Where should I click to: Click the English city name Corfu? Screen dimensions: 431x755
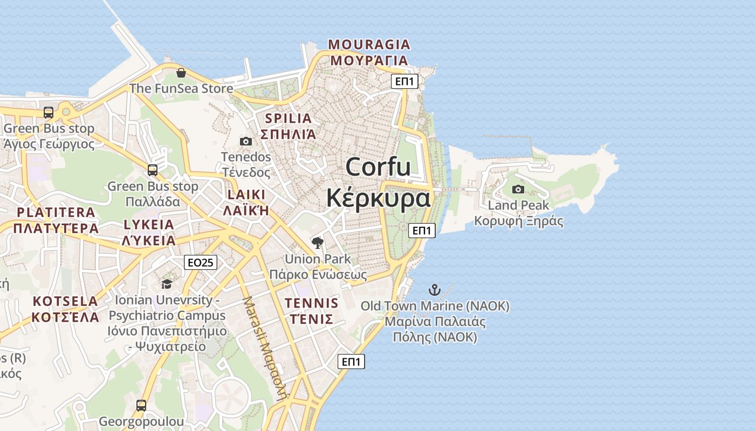coord(378,166)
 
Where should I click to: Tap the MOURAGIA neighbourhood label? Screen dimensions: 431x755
coord(369,44)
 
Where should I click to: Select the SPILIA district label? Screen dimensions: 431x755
coord(289,119)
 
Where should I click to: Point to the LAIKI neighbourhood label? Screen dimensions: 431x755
coord(246,194)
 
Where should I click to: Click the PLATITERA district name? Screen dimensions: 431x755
coord(56,212)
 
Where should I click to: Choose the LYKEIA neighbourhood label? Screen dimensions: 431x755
coord(149,225)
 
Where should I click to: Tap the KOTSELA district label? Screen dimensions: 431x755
coord(65,301)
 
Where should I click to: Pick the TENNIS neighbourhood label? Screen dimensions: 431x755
coord(311,303)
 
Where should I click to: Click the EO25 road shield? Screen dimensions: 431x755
coord(200,262)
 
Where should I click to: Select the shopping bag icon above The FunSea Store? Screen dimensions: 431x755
coord(181,73)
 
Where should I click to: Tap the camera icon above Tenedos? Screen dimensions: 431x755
coord(246,141)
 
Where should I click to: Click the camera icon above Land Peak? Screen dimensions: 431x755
coord(518,189)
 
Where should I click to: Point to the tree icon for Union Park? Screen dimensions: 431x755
coord(318,242)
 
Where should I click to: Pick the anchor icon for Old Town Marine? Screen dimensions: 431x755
coord(435,290)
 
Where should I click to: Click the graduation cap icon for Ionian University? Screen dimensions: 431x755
coord(167,283)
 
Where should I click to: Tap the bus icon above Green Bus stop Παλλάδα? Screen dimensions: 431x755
coord(153,170)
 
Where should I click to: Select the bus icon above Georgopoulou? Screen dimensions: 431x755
coord(141,405)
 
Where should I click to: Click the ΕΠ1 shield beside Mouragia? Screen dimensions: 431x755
coord(404,81)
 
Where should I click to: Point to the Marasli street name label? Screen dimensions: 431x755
coord(265,348)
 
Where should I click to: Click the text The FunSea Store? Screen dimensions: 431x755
coord(181,88)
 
